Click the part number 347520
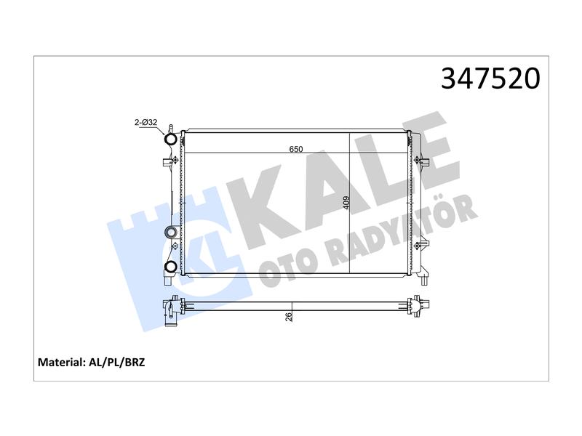point(490,78)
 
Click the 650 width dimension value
point(296,150)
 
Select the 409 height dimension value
point(346,203)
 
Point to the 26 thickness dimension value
point(289,317)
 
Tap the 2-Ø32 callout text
point(146,122)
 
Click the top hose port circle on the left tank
point(171,140)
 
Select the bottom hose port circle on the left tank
point(171,266)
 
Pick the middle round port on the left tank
point(171,233)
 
